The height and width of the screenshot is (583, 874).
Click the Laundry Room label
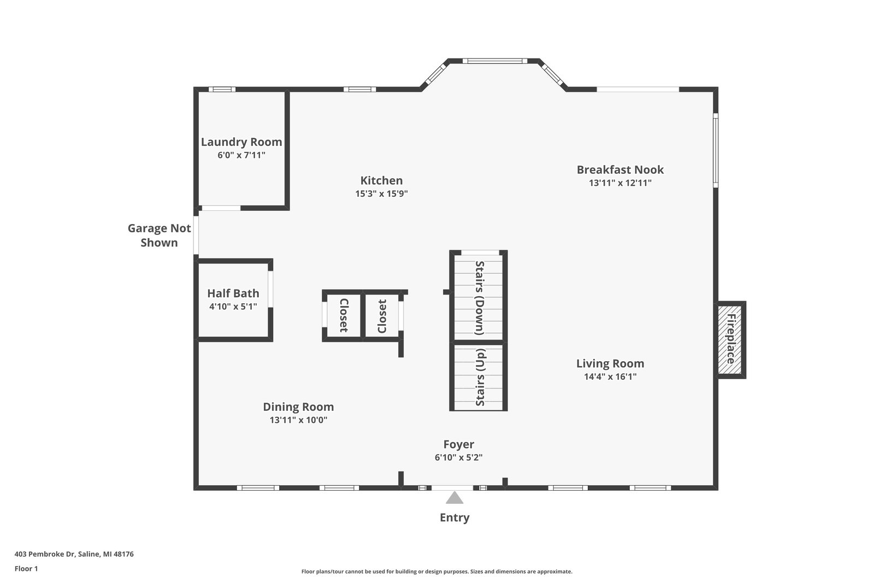241,142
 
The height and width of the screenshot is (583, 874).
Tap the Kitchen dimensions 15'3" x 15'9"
381,193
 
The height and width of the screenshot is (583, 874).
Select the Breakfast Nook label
620,169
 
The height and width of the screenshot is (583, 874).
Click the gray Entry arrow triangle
454,498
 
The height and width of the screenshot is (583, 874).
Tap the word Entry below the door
454,517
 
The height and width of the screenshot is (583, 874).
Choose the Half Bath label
233,293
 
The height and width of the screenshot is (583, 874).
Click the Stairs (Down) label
479,298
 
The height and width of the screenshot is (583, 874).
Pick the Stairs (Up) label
480,377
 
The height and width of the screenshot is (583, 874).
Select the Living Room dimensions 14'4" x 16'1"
610,376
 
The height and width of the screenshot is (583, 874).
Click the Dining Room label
298,407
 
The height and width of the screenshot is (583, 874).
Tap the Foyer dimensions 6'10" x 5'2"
458,457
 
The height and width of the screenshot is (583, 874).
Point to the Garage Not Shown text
159,235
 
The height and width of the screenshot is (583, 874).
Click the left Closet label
344,315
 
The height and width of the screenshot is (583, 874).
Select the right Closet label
382,316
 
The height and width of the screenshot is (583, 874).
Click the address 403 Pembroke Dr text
45,554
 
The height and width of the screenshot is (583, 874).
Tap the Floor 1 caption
26,569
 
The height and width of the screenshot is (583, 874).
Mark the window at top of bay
495,61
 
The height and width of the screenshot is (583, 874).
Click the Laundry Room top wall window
222,90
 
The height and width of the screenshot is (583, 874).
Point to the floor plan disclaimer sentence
436,572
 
